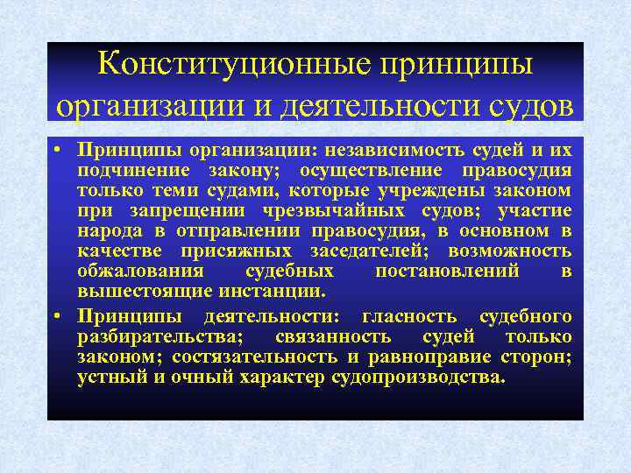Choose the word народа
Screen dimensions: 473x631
pyautogui.click(x=108, y=230)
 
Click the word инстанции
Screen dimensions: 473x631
pyautogui.click(x=275, y=292)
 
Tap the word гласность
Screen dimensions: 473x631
pyautogui.click(x=410, y=315)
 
